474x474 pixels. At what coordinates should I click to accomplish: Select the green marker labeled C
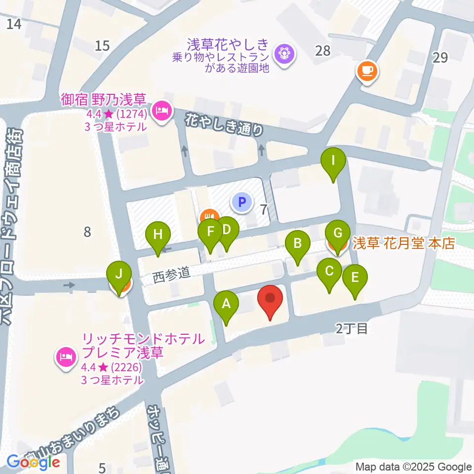pyautogui.click(x=330, y=272)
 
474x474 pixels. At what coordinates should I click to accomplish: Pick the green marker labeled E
pyautogui.click(x=355, y=278)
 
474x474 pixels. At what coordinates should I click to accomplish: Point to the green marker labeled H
pyautogui.click(x=158, y=236)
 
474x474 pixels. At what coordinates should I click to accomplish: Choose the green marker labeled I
pyautogui.click(x=333, y=161)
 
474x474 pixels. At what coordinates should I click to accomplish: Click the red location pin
pyautogui.click(x=270, y=298)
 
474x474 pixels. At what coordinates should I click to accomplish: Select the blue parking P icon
pyautogui.click(x=241, y=201)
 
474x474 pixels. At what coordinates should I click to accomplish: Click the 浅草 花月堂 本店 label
pyautogui.click(x=403, y=243)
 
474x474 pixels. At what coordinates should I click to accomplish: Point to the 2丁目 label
pyautogui.click(x=352, y=328)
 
